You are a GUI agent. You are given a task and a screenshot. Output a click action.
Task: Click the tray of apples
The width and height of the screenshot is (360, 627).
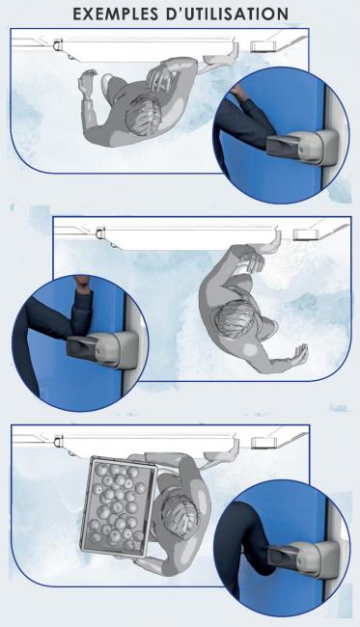(119, 507)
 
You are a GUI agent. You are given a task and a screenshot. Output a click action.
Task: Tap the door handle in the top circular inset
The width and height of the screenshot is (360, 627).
(302, 146)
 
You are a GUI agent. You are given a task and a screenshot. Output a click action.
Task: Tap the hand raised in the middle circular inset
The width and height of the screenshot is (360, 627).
(82, 284)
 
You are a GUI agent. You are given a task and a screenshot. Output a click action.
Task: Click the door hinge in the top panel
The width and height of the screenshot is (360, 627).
(58, 44)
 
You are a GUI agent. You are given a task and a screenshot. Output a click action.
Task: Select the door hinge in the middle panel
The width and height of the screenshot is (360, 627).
(100, 232)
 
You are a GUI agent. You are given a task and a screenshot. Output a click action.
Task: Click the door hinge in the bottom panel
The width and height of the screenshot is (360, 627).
(59, 441)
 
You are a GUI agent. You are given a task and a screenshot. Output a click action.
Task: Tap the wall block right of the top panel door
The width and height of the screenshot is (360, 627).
(263, 45)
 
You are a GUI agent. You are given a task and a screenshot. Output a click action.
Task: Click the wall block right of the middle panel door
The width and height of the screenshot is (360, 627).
(306, 234)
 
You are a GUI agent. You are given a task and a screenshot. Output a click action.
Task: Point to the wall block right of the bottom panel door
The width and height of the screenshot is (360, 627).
(263, 442)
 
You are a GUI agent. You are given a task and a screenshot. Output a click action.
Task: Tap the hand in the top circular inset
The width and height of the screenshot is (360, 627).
(237, 93)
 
